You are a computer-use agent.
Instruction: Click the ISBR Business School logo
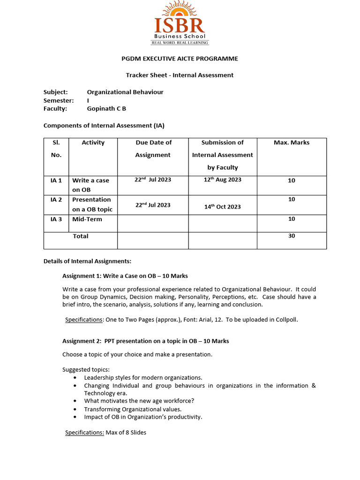[180, 23]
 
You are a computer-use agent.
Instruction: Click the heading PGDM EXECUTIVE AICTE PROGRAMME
[180, 59]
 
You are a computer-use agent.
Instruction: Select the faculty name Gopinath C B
[106, 108]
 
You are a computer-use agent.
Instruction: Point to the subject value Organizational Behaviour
[125, 92]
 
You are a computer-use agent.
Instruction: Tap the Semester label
[59, 100]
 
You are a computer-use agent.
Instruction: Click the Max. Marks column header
[292, 142]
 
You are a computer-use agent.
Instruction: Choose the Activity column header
[93, 142]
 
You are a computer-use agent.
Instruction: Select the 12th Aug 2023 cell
[223, 180]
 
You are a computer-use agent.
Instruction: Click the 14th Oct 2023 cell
[223, 207]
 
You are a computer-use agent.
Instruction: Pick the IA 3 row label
[56, 219]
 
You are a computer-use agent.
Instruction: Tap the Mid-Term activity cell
[87, 219]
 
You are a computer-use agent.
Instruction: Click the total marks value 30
[292, 236]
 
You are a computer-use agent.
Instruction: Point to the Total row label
[81, 236]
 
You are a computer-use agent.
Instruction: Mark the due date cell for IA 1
[153, 180]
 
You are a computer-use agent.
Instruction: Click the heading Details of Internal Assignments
[87, 261]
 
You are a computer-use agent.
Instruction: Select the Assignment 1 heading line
[125, 276]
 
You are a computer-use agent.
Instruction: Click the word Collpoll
[287, 320]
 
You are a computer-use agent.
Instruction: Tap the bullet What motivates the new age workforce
[139, 401]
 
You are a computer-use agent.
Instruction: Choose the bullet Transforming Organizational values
[133, 409]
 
